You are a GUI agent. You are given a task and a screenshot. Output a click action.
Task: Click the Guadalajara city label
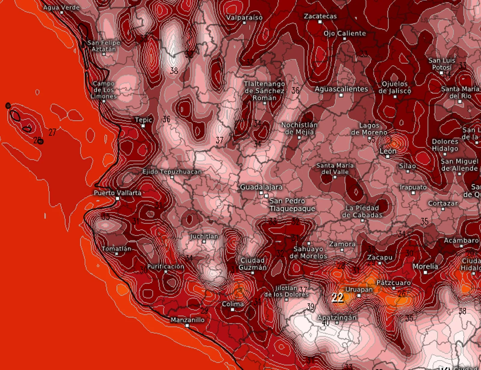pyautogui.click(x=261, y=187)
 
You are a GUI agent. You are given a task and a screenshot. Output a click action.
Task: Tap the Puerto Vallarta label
pyautogui.click(x=117, y=193)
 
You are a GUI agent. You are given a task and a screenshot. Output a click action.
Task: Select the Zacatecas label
pyautogui.click(x=320, y=16)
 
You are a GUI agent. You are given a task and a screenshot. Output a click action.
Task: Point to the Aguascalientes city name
pyautogui.click(x=341, y=89)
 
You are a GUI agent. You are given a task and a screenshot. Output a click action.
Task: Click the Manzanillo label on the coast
pyautogui.click(x=187, y=320)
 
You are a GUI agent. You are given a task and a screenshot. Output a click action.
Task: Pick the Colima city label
pyautogui.click(x=233, y=304)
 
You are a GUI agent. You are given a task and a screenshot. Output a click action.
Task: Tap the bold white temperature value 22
pyautogui.click(x=338, y=298)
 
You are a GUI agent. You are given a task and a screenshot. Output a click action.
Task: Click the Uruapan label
pyautogui.click(x=359, y=289)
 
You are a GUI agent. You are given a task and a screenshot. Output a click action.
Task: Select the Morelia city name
pyautogui.click(x=425, y=266)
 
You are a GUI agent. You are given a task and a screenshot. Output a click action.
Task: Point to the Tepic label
pyautogui.click(x=143, y=120)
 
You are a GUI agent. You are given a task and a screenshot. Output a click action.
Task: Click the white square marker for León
pyautogui.click(x=388, y=157)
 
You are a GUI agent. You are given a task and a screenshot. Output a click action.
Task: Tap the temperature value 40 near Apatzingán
pyautogui.click(x=326, y=323)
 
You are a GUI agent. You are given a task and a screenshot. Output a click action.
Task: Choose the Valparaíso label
pyautogui.click(x=244, y=17)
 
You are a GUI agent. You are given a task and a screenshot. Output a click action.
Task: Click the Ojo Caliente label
pyautogui.click(x=345, y=33)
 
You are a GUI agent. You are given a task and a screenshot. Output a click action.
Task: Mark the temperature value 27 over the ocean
pyautogui.click(x=52, y=132)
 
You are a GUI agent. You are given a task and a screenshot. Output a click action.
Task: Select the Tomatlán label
pyautogui.click(x=116, y=249)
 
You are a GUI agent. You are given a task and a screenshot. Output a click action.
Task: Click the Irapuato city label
pyautogui.click(x=413, y=187)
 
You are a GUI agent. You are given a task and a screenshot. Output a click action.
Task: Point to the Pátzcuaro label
pyautogui.click(x=394, y=283)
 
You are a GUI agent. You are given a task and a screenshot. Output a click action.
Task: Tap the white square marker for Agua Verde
pyautogui.click(x=62, y=13)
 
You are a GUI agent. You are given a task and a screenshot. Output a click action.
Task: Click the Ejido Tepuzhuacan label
pyautogui.click(x=172, y=172)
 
